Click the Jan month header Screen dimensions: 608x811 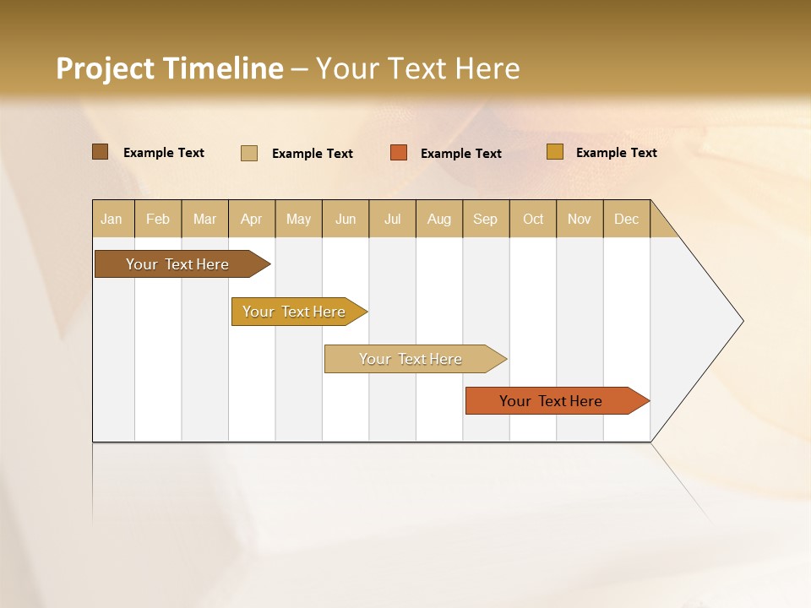(112, 219)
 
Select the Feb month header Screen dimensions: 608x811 (158, 219)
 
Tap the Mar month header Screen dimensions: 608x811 (204, 219)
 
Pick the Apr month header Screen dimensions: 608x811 (252, 219)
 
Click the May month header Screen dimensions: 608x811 (298, 219)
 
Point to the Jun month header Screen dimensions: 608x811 (346, 219)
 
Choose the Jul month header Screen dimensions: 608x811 (392, 219)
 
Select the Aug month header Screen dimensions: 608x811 (439, 219)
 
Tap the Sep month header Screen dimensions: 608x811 (486, 219)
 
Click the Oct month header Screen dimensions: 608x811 (533, 219)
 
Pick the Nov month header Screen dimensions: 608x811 (580, 219)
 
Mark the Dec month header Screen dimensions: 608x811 (627, 219)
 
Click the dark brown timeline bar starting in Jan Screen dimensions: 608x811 (178, 264)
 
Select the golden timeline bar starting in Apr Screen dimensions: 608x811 (295, 312)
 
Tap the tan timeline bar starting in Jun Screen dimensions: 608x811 (411, 359)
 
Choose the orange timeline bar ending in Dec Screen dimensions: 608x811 (552, 401)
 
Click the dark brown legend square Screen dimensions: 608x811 (101, 152)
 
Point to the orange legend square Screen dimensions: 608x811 (399, 153)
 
